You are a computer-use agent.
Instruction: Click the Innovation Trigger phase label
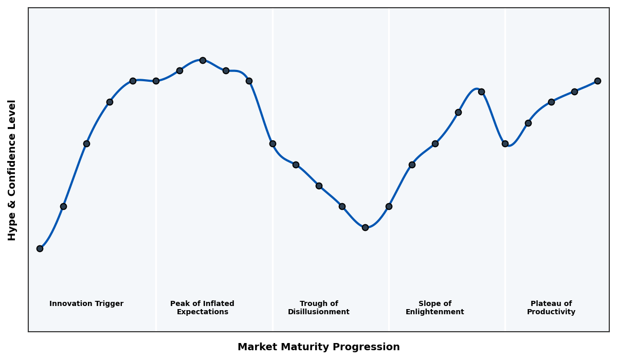coord(86,304)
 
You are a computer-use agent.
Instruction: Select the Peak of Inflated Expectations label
coord(202,308)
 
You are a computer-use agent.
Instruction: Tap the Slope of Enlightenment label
coord(434,308)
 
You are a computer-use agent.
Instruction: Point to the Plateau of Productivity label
coord(551,308)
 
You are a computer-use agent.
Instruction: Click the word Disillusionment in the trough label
coord(318,312)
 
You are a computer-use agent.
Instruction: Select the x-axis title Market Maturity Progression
coord(318,347)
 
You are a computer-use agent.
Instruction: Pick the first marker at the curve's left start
coord(40,248)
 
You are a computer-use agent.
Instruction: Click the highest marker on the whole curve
coord(203,60)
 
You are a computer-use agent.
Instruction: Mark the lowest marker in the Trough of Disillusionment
coord(365,227)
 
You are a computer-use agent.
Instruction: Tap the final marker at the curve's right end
coord(597,81)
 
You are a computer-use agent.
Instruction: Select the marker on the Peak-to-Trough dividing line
coord(273,143)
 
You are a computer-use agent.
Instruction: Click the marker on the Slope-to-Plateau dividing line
coord(505,143)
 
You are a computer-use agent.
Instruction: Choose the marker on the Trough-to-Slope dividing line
coord(389,206)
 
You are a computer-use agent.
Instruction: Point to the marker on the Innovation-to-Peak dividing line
coord(156,81)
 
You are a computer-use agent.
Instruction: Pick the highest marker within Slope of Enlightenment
coord(481,92)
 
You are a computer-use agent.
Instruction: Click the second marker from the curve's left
coord(63,206)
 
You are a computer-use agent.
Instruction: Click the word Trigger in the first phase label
coord(108,304)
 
